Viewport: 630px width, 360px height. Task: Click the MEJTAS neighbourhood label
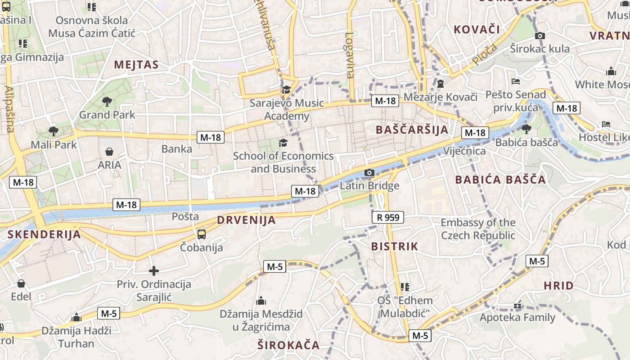click(x=136, y=65)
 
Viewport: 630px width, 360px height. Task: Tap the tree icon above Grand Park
click(x=107, y=101)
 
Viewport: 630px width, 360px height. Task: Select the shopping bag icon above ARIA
click(x=109, y=152)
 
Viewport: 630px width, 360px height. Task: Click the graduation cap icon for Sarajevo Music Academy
click(x=286, y=90)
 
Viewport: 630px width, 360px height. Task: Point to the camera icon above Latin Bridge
click(x=369, y=172)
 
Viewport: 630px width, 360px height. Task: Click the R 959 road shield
click(x=388, y=218)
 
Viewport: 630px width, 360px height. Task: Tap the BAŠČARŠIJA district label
click(x=412, y=130)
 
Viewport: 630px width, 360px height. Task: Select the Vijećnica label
click(x=464, y=151)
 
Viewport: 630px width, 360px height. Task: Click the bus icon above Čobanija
click(x=202, y=234)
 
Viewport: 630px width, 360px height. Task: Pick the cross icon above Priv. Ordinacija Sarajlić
click(x=154, y=271)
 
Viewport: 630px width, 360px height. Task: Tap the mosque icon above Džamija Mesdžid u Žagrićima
click(x=261, y=301)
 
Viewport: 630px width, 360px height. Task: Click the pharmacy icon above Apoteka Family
click(x=517, y=305)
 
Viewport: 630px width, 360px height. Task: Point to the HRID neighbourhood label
click(x=558, y=286)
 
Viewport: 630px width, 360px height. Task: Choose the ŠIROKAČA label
click(x=288, y=346)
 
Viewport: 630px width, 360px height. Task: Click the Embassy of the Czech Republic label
click(x=478, y=229)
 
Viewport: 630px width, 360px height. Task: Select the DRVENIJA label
click(x=246, y=220)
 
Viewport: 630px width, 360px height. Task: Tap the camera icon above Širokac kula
click(x=540, y=36)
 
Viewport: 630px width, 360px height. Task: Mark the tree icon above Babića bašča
click(x=526, y=129)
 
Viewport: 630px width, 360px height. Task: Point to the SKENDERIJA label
click(x=44, y=234)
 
